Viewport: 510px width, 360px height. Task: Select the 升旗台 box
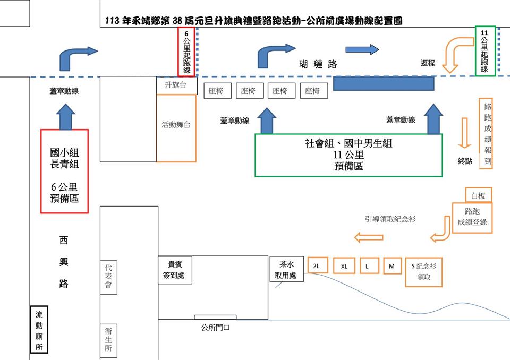[x=176, y=85]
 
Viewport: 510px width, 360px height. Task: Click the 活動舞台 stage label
[x=176, y=125]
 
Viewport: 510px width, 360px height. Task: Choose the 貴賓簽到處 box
[x=175, y=271]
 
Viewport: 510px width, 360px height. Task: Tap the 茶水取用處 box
[x=286, y=271]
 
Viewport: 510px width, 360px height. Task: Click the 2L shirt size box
[x=317, y=266]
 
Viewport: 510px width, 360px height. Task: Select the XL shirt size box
[x=344, y=266]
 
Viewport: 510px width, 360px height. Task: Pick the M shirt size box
[x=392, y=266]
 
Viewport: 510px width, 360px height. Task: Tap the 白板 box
[x=478, y=195]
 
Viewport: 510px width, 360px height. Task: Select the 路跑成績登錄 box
[x=472, y=217]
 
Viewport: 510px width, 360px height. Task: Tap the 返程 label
[x=428, y=63]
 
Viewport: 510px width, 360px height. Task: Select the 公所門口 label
[x=215, y=328]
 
